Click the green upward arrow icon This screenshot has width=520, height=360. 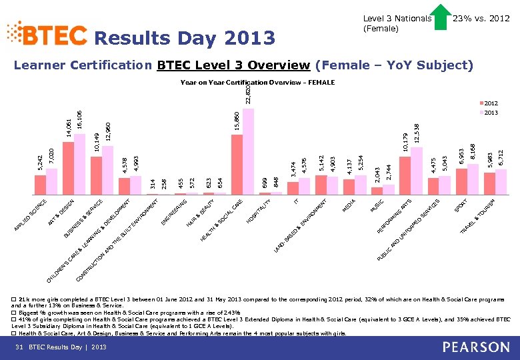coord(441,18)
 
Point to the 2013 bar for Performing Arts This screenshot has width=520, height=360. coord(417,171)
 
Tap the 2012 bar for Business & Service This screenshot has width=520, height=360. coord(96,175)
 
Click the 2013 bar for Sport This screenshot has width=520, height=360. coord(473,179)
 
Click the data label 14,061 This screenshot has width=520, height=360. coord(68,127)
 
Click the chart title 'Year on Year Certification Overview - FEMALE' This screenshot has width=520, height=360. coord(257,83)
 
